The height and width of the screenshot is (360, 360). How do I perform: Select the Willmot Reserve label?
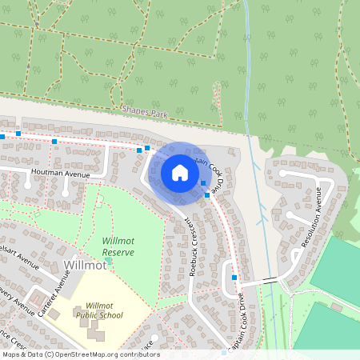(x=118, y=246)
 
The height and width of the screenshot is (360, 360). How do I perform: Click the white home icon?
(x=180, y=172)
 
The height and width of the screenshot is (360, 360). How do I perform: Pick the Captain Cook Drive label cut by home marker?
(x=210, y=170)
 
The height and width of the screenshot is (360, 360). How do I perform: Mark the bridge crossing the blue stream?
(x=271, y=280)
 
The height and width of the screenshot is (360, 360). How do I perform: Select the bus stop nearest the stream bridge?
(x=234, y=277)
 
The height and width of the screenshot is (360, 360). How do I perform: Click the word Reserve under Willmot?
(x=118, y=252)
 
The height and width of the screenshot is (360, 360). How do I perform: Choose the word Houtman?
(x=47, y=173)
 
